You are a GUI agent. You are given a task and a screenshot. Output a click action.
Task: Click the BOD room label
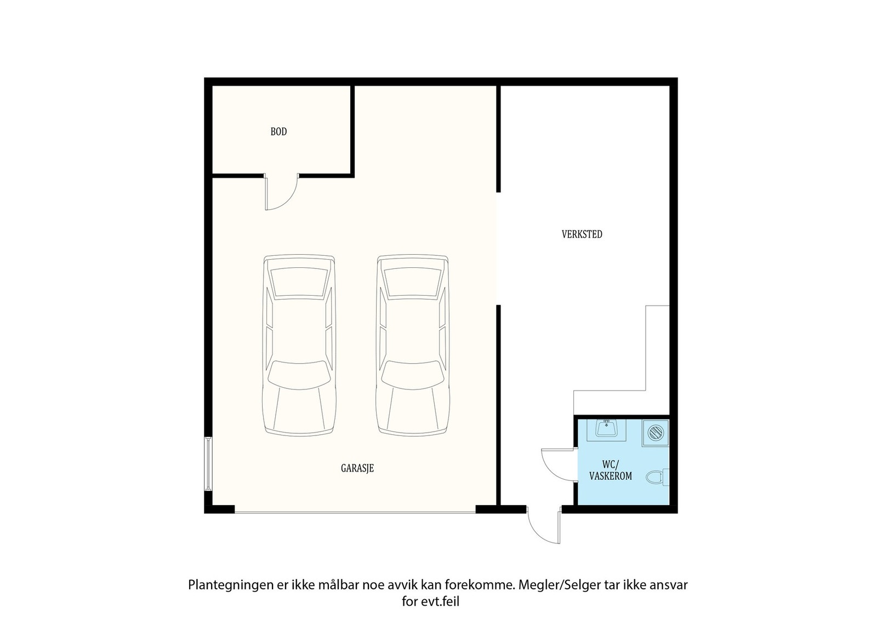click(x=279, y=131)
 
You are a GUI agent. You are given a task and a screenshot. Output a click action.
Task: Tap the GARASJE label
click(x=357, y=468)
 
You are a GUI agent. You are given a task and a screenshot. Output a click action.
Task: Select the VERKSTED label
click(x=582, y=234)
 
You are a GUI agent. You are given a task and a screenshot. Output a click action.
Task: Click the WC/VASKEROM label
click(x=611, y=470)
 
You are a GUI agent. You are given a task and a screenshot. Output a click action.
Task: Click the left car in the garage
click(x=299, y=346)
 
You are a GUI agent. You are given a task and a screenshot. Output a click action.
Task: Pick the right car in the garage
click(x=413, y=346)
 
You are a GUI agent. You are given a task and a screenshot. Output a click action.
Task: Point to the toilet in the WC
click(x=657, y=477)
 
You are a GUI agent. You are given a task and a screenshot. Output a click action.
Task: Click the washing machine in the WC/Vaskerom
click(x=656, y=433)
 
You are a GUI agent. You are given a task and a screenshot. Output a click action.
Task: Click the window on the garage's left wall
click(x=208, y=463)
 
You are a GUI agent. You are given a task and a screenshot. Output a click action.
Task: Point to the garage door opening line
click(x=355, y=513)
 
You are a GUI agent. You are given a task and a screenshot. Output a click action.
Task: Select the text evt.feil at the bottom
click(x=440, y=601)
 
